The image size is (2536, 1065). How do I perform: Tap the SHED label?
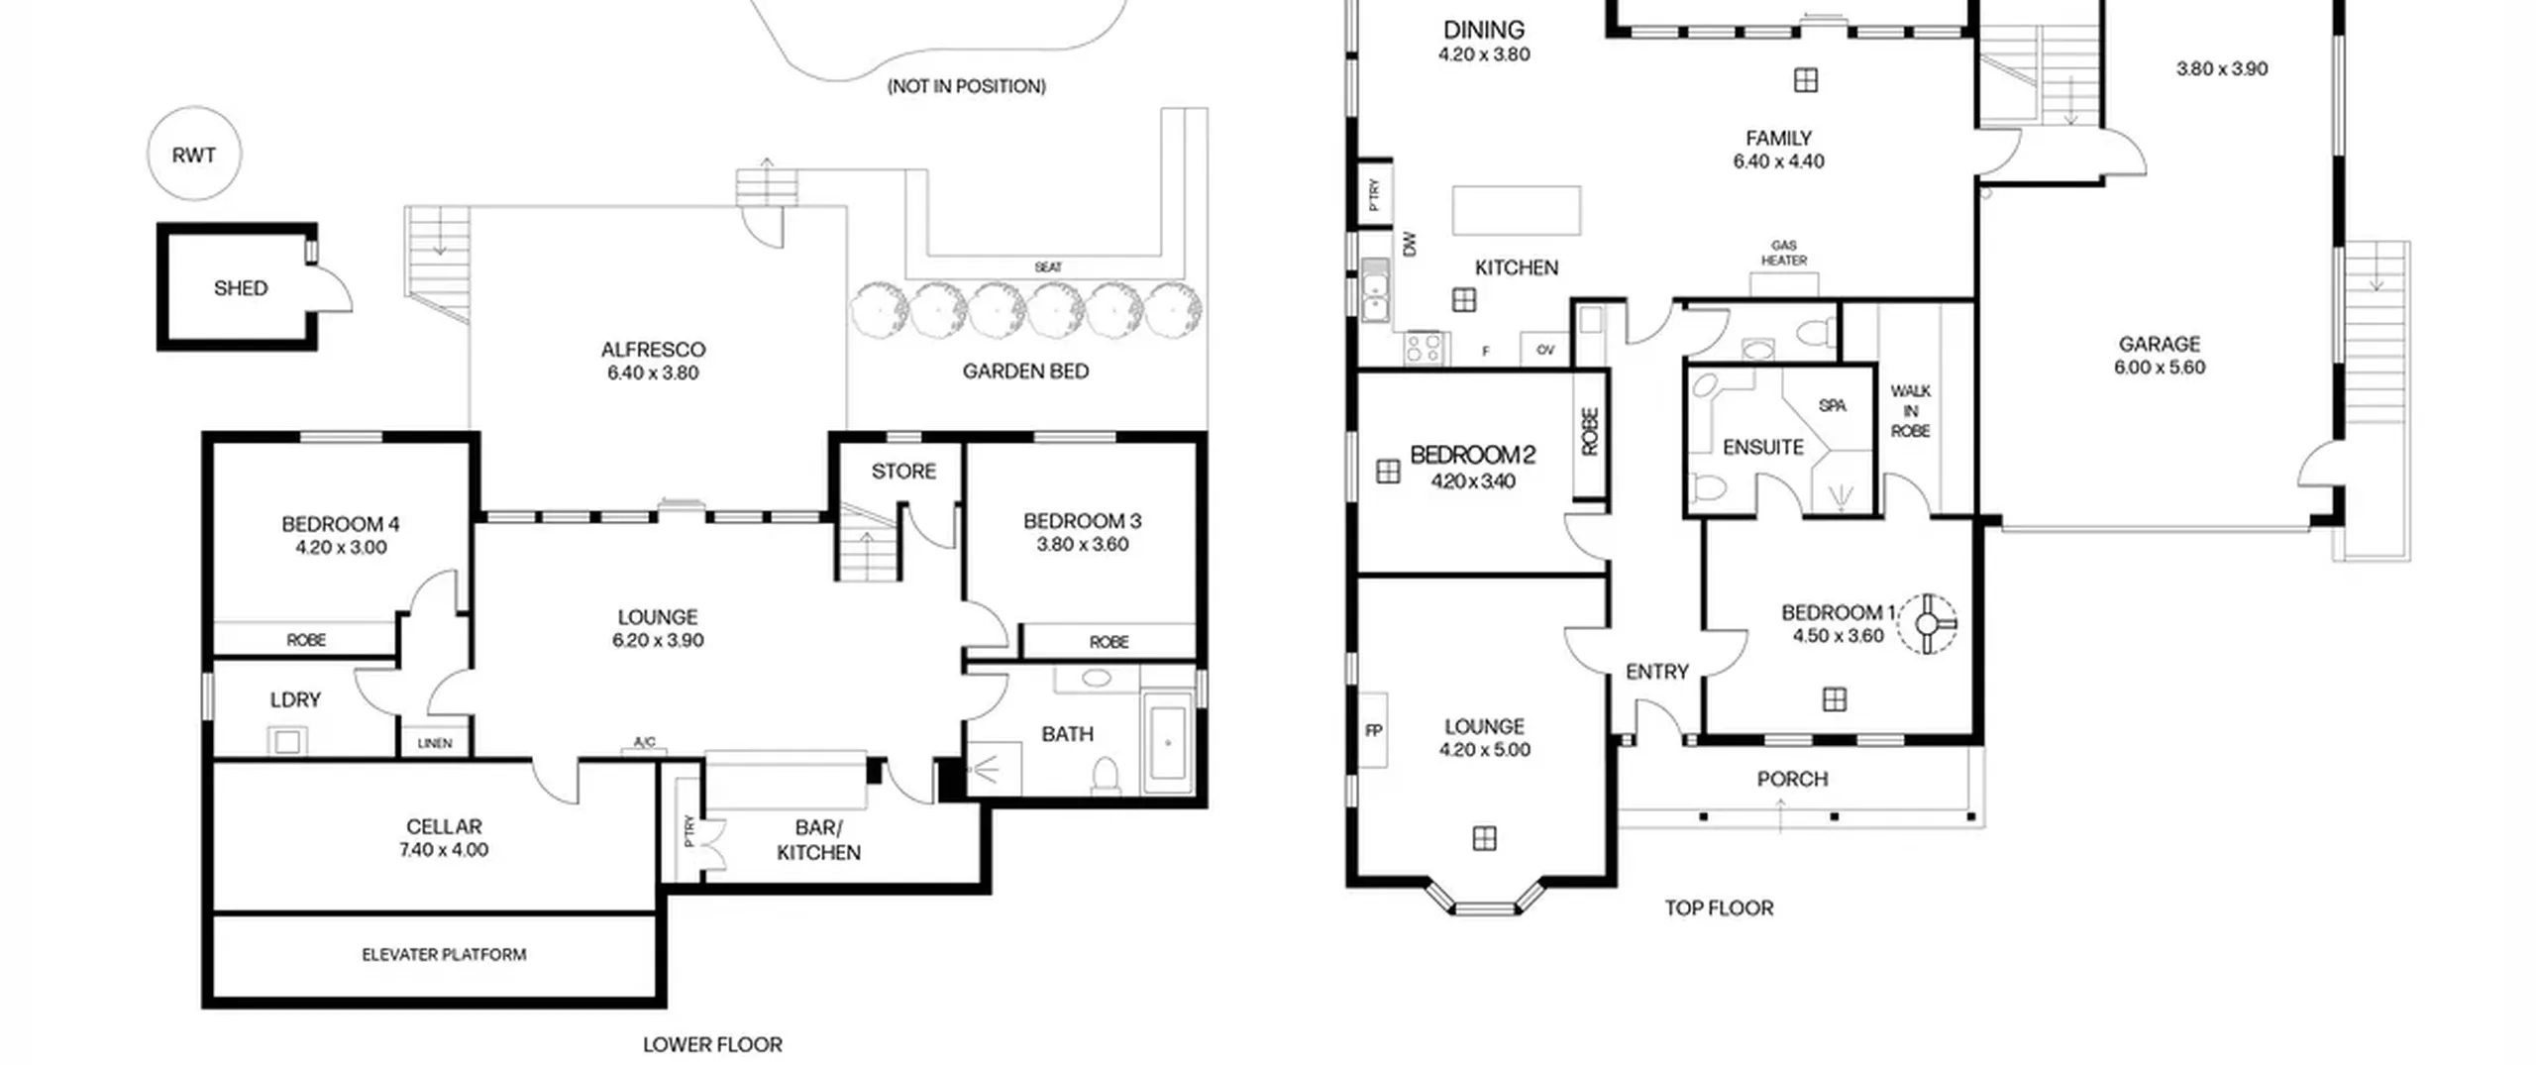point(241,288)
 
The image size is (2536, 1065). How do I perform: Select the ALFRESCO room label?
point(653,350)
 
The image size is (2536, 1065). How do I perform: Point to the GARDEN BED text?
point(1025,372)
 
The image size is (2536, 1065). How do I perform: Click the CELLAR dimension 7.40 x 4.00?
point(444,850)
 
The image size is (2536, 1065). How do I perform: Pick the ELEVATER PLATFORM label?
point(444,955)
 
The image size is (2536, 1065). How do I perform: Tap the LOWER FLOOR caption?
point(712,1044)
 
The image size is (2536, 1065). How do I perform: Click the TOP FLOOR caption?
point(1719,908)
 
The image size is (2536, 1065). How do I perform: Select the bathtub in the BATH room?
point(1168,742)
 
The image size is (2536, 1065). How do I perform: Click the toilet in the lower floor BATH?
point(1106,776)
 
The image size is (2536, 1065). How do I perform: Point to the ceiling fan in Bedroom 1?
point(1927,624)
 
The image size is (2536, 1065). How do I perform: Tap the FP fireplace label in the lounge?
point(1373,731)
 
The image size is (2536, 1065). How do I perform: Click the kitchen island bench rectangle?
point(1517,210)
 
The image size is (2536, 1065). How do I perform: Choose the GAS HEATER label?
point(1784,253)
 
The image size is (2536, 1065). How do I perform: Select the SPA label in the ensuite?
point(1833,405)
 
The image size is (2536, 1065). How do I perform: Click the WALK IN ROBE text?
point(1910,411)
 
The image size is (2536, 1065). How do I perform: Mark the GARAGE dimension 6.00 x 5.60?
point(2160,368)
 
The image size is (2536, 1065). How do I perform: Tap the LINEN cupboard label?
point(435,743)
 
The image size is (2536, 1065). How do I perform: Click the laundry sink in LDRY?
point(287,741)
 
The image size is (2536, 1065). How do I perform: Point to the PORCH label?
point(1792,780)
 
